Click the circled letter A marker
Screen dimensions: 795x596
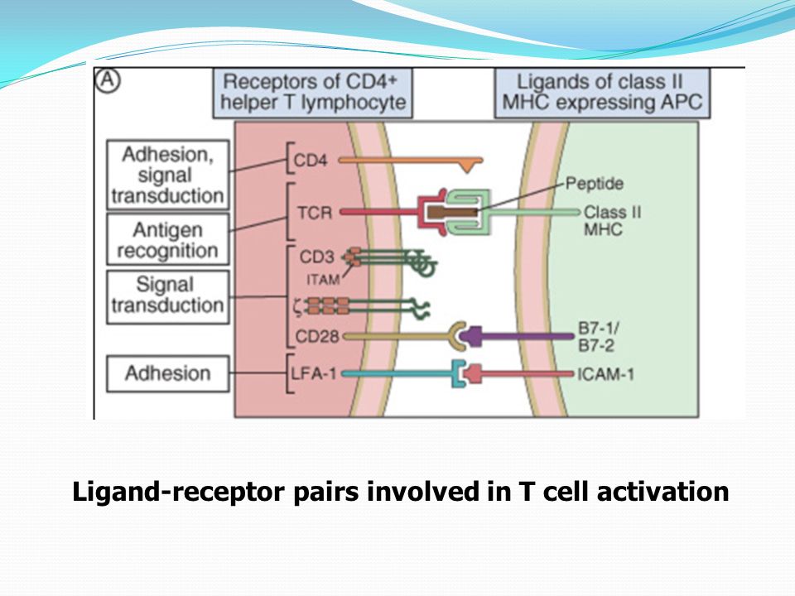108,80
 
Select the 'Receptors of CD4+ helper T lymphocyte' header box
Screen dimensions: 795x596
312,94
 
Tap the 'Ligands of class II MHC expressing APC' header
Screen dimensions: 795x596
602,94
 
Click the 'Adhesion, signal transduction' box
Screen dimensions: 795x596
168,175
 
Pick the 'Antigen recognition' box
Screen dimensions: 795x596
168,239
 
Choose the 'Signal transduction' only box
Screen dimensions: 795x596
168,297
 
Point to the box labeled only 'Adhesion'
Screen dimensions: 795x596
168,373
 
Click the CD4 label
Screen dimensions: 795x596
311,161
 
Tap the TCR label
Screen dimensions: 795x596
315,213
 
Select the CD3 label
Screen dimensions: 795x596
317,257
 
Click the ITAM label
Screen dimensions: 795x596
323,279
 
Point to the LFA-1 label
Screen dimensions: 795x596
313,374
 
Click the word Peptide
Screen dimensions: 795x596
595,184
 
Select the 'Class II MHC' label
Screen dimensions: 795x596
613,220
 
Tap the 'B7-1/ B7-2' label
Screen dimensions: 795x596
598,337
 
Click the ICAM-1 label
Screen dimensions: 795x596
605,374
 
